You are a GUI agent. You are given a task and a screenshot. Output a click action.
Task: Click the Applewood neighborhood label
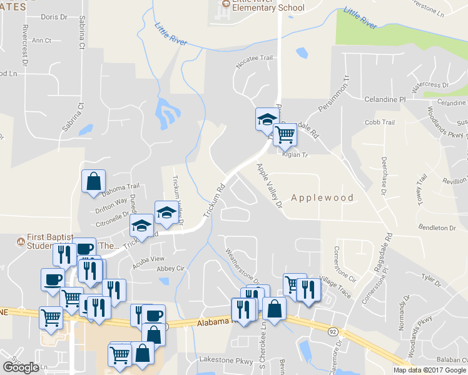click(x=322, y=198)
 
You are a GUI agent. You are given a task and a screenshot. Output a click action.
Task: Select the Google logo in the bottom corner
click(x=21, y=367)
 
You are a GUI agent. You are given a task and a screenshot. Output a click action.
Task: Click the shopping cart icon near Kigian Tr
click(x=285, y=134)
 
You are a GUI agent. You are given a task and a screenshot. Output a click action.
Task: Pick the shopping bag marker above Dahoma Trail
click(x=93, y=181)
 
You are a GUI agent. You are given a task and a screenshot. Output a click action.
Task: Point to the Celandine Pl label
click(x=385, y=99)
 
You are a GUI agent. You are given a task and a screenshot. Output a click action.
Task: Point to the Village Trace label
click(x=335, y=282)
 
